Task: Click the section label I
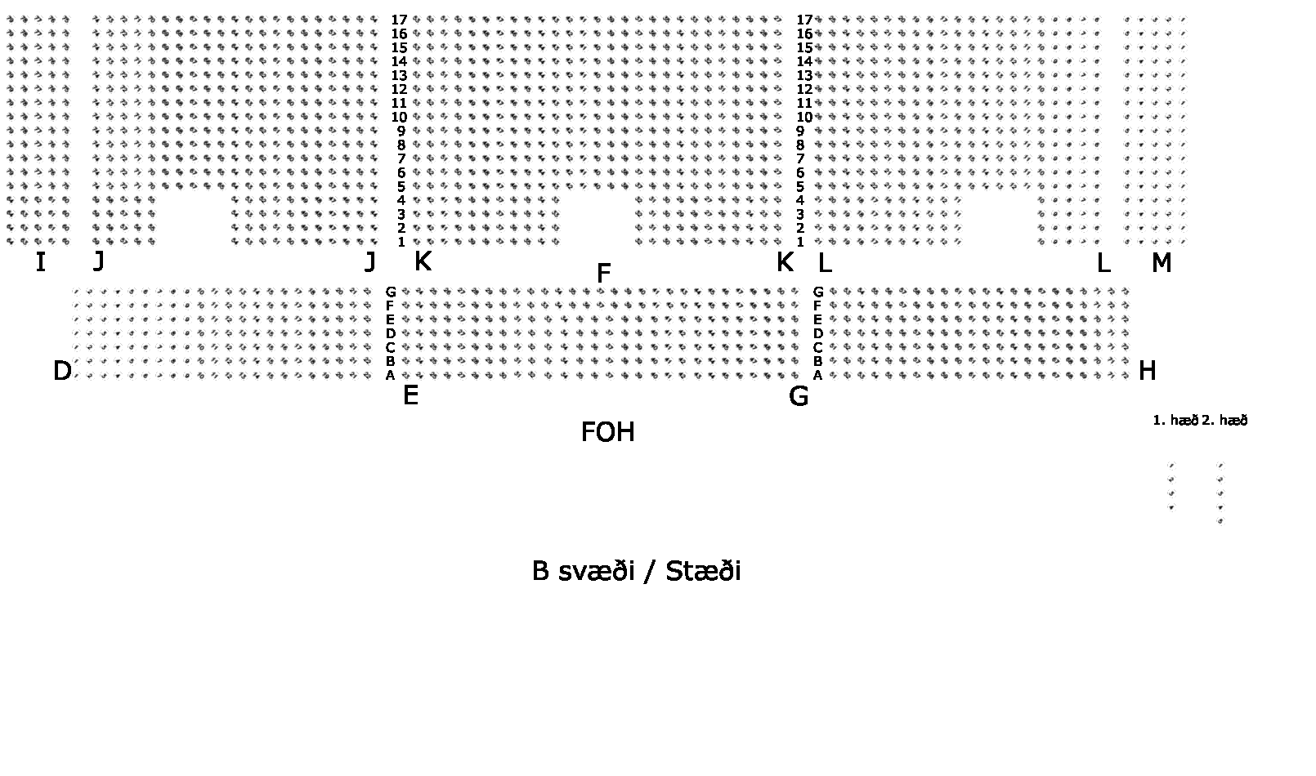[40, 262]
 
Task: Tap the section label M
[1161, 263]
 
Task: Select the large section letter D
[62, 371]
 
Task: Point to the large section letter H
[1147, 371]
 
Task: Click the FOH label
[607, 432]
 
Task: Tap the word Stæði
[703, 571]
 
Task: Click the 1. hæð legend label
[1175, 421]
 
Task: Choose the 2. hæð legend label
[1224, 421]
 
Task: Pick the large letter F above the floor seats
[603, 274]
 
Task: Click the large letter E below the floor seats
[410, 396]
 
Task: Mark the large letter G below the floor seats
[799, 396]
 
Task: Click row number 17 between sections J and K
[399, 20]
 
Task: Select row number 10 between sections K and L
[804, 117]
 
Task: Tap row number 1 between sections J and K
[401, 242]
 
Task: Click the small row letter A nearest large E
[391, 376]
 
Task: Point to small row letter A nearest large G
[817, 376]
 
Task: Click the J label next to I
[98, 261]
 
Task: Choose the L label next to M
[1103, 263]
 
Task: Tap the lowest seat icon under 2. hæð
[1220, 520]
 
